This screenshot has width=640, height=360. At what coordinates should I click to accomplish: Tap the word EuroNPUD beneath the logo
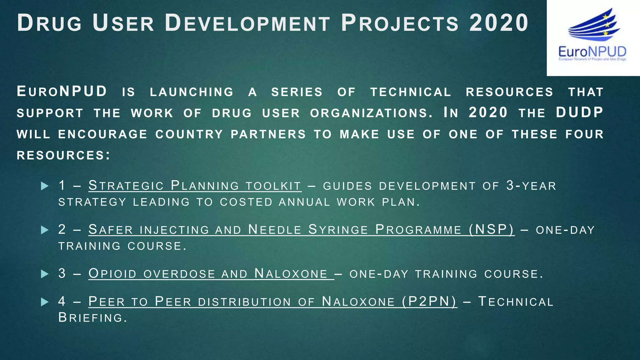(592, 52)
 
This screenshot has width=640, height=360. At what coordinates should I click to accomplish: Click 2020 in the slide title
(499, 23)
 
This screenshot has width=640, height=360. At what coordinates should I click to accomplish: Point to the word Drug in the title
(49, 23)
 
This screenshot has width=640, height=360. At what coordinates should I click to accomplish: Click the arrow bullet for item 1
(45, 186)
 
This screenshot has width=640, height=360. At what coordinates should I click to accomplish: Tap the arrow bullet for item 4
(45, 302)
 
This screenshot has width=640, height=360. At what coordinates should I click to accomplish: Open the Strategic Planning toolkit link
(195, 186)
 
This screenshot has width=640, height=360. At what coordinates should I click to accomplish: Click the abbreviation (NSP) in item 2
(492, 230)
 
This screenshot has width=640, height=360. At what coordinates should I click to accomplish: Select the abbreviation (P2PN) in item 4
(429, 302)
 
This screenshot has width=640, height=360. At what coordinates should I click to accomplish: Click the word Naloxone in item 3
(291, 274)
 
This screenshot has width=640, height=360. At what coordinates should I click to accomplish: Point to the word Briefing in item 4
(92, 318)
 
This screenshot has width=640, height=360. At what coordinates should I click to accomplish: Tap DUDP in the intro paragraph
(579, 112)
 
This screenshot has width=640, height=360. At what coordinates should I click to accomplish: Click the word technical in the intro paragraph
(411, 92)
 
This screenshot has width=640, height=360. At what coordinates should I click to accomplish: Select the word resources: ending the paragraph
(63, 155)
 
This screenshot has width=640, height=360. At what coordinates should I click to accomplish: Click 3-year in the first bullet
(531, 186)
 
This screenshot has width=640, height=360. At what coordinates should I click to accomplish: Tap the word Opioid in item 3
(112, 274)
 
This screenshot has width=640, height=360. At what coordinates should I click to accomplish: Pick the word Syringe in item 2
(338, 230)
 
